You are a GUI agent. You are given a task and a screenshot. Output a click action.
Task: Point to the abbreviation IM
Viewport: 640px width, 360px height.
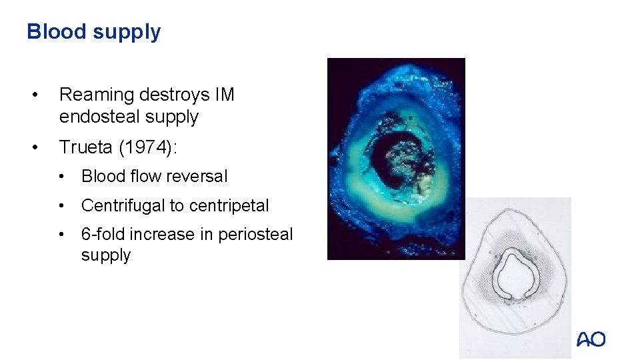coord(225,95)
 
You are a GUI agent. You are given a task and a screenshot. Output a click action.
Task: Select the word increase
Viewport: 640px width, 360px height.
coord(161,235)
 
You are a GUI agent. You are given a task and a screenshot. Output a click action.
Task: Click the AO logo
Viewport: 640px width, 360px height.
coord(591,339)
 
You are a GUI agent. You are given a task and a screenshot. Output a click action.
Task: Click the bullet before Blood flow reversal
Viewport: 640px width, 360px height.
coord(61,177)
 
